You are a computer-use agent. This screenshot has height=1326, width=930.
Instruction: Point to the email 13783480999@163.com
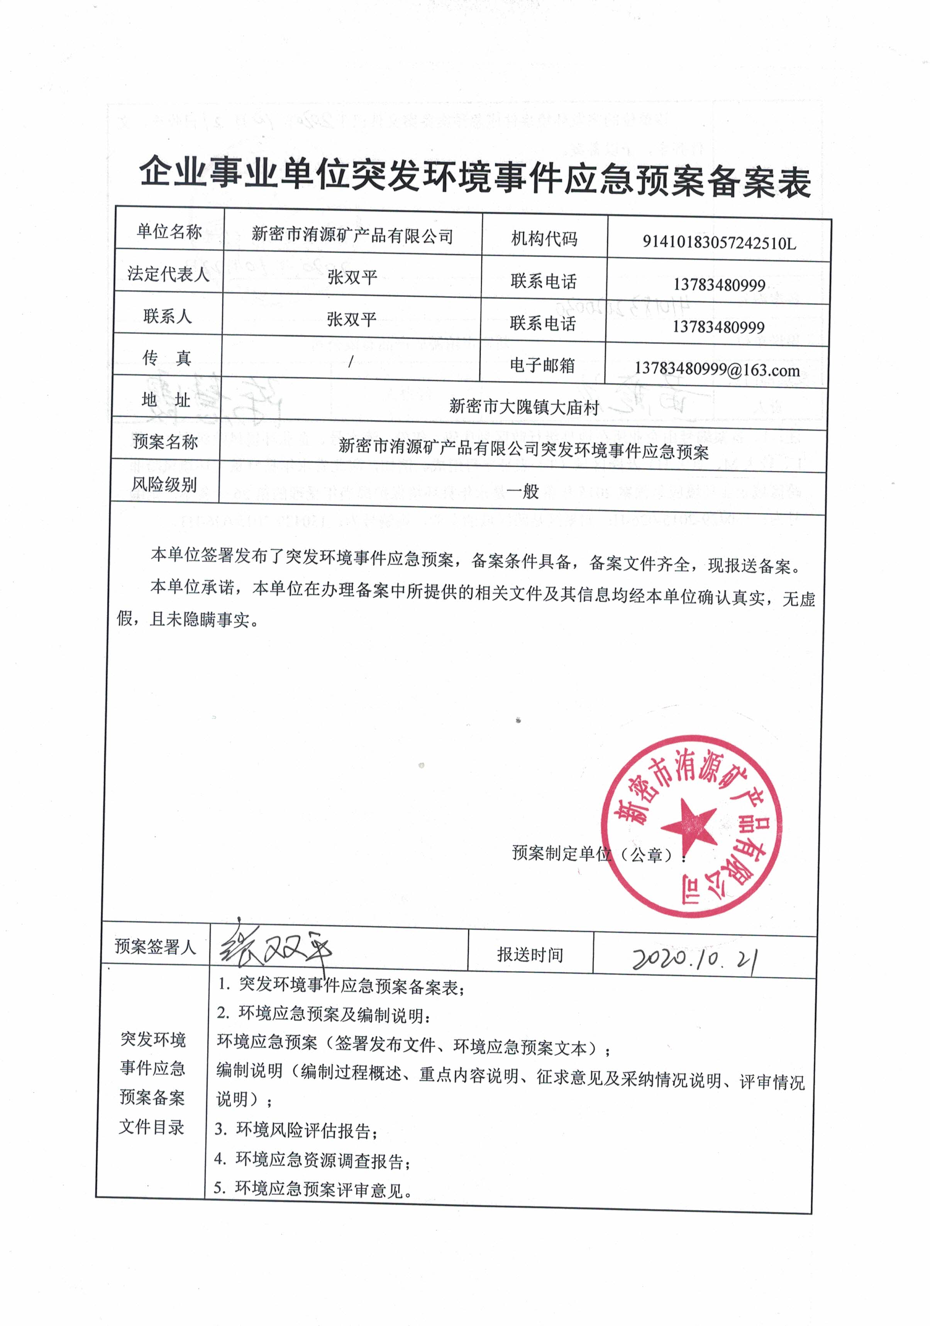click(x=717, y=369)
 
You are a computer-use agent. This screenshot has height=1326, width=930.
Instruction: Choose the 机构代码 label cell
click(x=544, y=238)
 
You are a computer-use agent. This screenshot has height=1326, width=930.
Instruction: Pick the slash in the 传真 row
click(x=351, y=362)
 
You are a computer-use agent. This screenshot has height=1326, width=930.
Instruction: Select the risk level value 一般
click(x=523, y=492)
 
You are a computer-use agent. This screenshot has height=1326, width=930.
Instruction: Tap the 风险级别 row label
click(x=164, y=484)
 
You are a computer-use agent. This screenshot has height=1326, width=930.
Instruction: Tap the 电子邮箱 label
click(x=542, y=365)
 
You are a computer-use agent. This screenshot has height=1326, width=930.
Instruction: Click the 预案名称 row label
click(x=165, y=442)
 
